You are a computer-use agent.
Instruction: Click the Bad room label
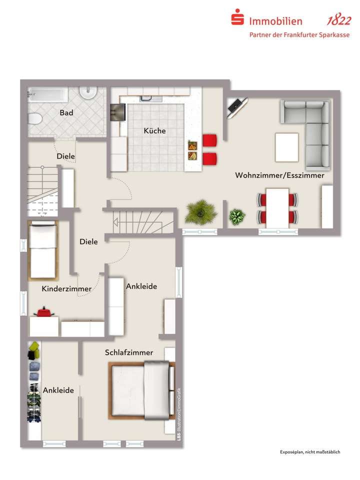[x=66, y=113]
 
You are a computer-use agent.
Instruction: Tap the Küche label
[x=154, y=131]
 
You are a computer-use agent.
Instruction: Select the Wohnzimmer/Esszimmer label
[x=279, y=175]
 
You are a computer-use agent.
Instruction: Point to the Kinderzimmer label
[x=66, y=289]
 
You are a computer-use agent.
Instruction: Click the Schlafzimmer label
[x=129, y=352]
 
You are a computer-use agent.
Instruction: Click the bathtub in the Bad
[x=47, y=93]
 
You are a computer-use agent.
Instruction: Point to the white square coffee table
[x=286, y=147]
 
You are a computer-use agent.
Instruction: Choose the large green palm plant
[x=201, y=212]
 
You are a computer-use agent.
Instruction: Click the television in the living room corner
[x=236, y=106]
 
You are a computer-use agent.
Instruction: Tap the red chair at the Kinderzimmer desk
[x=44, y=313]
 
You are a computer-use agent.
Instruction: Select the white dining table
[x=277, y=207]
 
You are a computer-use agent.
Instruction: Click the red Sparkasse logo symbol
[x=237, y=19]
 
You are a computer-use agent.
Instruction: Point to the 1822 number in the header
[x=338, y=21]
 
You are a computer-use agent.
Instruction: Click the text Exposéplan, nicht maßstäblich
[x=310, y=452]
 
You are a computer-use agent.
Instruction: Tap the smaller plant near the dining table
[x=237, y=216]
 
